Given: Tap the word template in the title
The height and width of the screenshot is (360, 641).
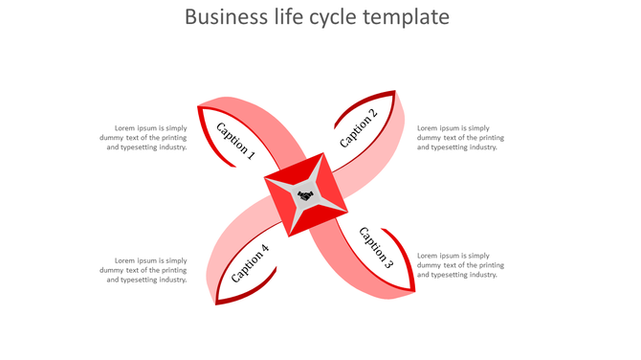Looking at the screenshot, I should click(x=406, y=17).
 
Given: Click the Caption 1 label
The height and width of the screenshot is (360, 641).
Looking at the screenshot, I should click(x=235, y=140).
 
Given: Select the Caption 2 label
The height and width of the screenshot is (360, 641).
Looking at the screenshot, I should click(x=359, y=128).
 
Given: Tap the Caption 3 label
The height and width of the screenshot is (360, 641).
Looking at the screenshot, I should click(x=376, y=246).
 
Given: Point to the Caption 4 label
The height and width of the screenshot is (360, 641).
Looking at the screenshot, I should click(x=250, y=263).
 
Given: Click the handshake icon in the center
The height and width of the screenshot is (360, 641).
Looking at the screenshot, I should click(x=305, y=196).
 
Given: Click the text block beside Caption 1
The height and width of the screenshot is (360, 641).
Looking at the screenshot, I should click(x=144, y=138).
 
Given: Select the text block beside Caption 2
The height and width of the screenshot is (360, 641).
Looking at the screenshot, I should click(x=460, y=138).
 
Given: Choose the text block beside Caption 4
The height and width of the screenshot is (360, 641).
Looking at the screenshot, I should click(x=144, y=270).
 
